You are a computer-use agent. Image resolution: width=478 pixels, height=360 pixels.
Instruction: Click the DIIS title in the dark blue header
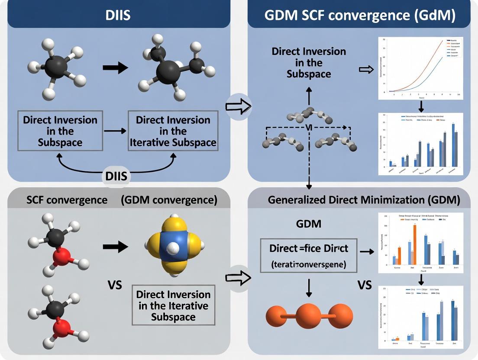coord(118,15)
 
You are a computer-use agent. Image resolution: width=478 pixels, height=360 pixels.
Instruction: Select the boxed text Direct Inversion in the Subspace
coord(55,131)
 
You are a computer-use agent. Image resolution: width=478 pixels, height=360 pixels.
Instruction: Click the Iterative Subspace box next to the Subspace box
coord(173,131)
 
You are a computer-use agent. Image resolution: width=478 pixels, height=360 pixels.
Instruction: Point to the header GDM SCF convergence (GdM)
coord(360,16)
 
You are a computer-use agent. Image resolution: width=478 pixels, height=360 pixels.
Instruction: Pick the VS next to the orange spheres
coord(365,286)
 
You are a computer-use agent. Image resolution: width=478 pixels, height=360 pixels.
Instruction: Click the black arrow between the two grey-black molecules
coord(116,67)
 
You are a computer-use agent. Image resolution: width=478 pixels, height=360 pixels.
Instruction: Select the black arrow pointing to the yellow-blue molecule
coord(116,247)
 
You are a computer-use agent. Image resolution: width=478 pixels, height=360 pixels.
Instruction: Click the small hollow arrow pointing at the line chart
coord(366,69)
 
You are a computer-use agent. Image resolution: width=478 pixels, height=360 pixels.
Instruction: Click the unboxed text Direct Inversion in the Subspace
coord(309,62)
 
